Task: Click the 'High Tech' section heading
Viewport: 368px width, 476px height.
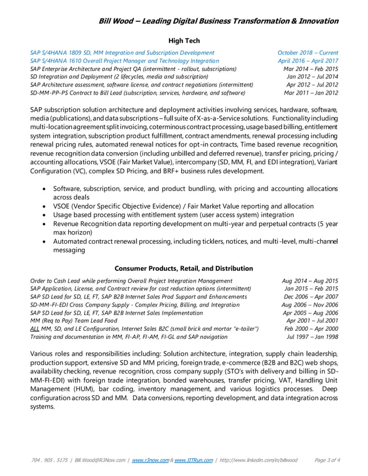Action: (184, 41)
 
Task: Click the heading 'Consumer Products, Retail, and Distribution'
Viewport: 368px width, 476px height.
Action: (183, 269)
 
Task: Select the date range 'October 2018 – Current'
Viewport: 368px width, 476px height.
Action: (307, 52)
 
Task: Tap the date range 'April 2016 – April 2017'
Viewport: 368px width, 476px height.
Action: (308, 61)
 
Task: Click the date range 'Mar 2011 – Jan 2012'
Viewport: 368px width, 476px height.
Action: (311, 92)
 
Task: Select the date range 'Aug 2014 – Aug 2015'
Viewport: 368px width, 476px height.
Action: (310, 281)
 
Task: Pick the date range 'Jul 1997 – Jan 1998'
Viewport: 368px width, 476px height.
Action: (312, 337)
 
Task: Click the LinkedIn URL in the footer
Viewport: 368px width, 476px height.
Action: (258, 460)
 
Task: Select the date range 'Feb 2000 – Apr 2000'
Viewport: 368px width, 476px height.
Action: (311, 328)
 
